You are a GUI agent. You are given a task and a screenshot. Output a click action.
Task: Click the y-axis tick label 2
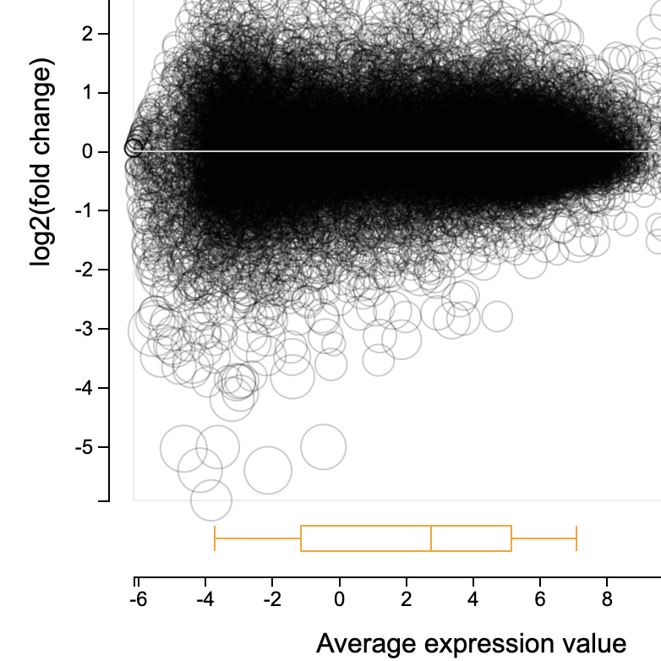pos(99,34)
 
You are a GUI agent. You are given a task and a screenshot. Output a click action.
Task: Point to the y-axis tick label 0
pos(99,152)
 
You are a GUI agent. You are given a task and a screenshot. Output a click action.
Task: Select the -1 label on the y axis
pos(96,211)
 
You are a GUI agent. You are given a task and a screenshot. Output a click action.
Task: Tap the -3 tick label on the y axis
pos(96,329)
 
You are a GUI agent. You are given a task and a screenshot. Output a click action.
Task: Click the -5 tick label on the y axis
pos(96,447)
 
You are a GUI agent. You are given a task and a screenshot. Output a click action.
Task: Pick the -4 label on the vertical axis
pos(96,388)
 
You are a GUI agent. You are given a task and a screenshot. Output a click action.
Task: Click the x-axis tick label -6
pos(135,599)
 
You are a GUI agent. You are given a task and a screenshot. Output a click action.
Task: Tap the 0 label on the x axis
pos(339,599)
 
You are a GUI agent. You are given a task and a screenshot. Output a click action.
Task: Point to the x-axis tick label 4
pos(473,599)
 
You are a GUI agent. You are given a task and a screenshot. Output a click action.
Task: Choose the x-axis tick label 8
pos(607,599)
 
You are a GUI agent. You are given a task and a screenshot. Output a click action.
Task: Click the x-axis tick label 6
pos(540,599)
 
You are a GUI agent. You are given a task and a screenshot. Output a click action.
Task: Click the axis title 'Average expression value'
pos(471,643)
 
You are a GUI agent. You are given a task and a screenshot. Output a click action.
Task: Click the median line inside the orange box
pos(431,538)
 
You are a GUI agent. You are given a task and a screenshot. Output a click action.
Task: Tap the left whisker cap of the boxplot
pos(215,538)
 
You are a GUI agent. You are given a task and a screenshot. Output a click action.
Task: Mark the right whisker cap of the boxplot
pos(576,538)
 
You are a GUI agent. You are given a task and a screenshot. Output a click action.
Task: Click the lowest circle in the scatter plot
pos(211,500)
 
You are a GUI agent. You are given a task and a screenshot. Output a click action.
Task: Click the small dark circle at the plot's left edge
pos(134,147)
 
